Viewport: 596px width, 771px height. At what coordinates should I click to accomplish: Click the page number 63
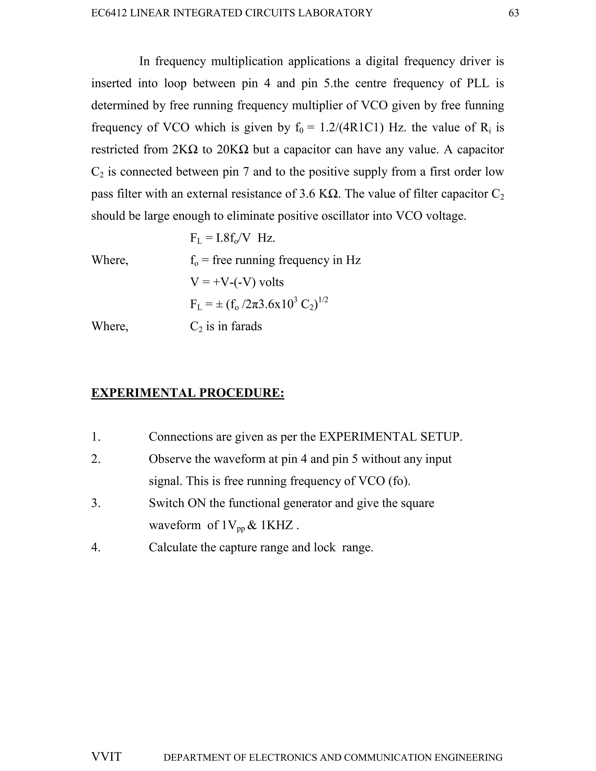coord(513,13)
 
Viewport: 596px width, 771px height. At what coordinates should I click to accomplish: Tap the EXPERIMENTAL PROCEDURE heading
coord(187,393)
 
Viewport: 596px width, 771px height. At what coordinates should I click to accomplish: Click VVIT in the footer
coord(106,756)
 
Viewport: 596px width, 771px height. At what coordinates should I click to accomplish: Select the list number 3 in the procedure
coord(96,503)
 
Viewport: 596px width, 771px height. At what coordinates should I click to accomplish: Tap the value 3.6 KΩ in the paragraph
coord(320,193)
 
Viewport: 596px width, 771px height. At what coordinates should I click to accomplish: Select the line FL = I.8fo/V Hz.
coord(232,238)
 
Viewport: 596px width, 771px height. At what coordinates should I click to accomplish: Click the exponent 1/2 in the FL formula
coord(323,300)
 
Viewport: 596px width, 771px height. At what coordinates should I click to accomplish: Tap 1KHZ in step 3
coord(277,525)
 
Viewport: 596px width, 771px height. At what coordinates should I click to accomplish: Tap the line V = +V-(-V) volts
coord(237,282)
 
